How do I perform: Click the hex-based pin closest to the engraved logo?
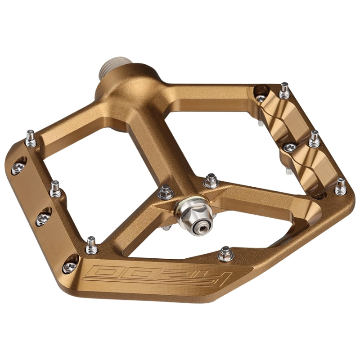point(226,254)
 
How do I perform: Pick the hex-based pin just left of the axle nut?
point(166,193)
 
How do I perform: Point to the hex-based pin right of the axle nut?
point(210,181)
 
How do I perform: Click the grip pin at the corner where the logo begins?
point(91,244)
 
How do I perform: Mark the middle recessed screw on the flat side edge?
point(43,218)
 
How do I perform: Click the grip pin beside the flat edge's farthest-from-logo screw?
point(31,138)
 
